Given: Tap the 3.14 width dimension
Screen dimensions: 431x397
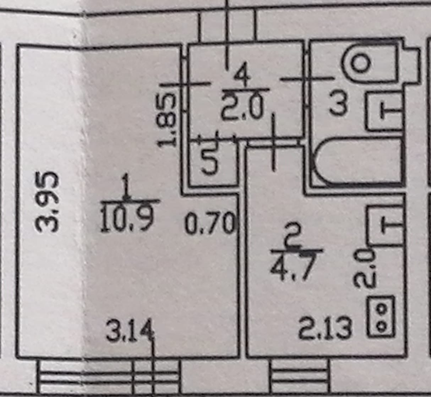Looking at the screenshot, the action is [130, 331].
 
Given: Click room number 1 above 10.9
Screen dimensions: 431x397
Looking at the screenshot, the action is [125, 186].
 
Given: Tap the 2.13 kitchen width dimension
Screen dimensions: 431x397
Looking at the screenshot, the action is [325, 328].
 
